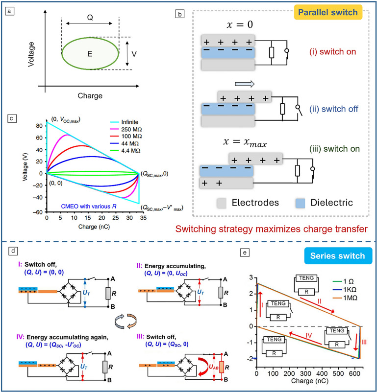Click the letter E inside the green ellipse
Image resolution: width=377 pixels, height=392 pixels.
[x=90, y=54]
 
